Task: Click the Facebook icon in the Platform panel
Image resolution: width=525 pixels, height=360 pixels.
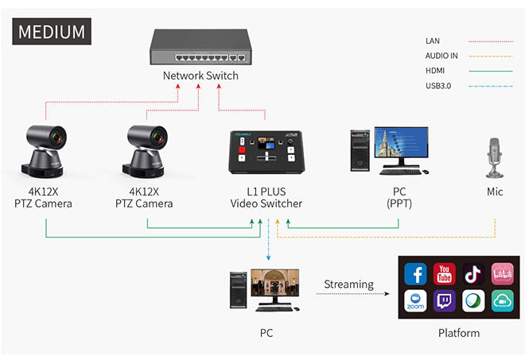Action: click(x=416, y=274)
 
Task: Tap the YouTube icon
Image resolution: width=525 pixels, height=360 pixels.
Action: click(x=445, y=274)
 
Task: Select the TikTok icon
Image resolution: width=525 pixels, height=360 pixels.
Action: click(x=474, y=274)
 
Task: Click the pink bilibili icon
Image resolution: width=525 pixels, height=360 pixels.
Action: click(x=503, y=274)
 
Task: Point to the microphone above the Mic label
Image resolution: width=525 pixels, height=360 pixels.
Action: click(x=495, y=155)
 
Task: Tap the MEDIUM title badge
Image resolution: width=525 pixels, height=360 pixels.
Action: click(x=52, y=32)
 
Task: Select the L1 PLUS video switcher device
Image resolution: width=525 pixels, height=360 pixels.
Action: click(x=265, y=151)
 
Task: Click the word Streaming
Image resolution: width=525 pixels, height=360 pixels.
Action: click(x=348, y=284)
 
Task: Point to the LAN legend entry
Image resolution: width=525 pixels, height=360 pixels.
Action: click(x=433, y=41)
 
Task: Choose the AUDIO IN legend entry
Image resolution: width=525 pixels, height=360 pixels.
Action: click(x=442, y=56)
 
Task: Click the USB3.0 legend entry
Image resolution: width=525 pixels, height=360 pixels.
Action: click(x=438, y=85)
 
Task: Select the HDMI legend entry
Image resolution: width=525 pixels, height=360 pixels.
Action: click(x=436, y=71)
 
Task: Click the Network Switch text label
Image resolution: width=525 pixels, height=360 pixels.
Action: click(x=200, y=76)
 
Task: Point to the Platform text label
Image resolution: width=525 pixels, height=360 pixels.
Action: click(x=459, y=333)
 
